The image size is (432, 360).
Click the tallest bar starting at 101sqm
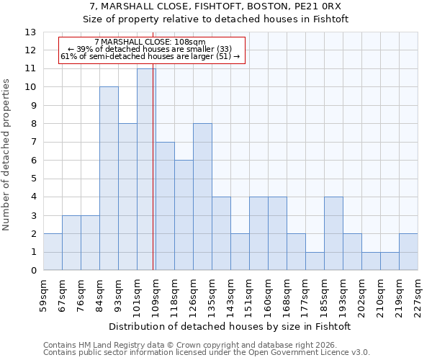(146, 169)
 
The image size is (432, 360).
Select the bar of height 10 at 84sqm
(109, 179)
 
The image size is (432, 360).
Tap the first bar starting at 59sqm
(53, 252)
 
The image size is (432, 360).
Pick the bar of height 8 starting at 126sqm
(202, 197)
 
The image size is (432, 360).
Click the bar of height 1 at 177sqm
(315, 261)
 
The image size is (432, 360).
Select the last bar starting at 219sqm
(408, 252)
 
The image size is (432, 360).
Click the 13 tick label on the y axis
(30, 32)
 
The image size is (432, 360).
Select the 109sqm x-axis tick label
(156, 294)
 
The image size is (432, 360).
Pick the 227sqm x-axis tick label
(418, 294)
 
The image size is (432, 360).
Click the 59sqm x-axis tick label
(44, 294)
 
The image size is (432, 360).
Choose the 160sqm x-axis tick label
(269, 294)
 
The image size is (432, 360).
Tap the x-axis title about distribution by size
(230, 326)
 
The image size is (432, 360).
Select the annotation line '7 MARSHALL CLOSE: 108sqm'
(150, 42)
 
